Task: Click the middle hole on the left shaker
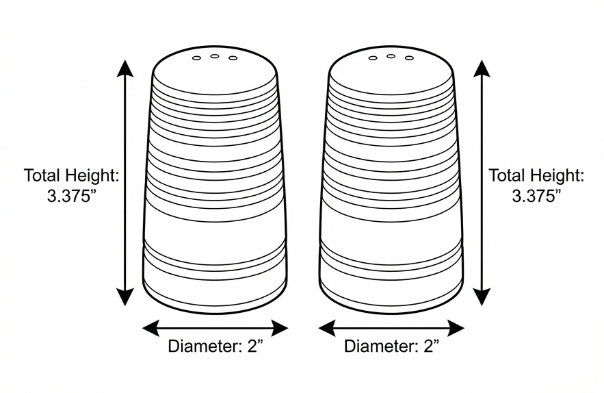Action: click(215, 56)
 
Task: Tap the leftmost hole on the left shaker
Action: click(196, 58)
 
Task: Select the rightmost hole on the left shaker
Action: click(233, 58)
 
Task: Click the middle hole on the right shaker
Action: click(391, 56)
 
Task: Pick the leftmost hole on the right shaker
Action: click(373, 58)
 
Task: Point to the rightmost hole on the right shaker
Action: click(409, 58)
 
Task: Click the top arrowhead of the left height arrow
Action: click(125, 68)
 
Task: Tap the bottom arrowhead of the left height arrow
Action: click(125, 297)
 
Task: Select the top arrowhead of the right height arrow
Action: click(482, 68)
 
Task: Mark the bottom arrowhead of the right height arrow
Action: click(482, 297)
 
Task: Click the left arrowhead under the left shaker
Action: click(151, 328)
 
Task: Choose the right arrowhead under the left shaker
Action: click(279, 328)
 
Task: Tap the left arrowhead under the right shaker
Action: click(328, 328)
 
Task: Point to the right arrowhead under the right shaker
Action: click(456, 328)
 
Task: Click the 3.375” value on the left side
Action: click(72, 196)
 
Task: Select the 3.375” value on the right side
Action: click(536, 196)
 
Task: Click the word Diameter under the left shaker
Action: click(205, 346)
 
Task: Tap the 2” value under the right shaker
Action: click(431, 346)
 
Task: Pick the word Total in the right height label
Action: click(508, 175)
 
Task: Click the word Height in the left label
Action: click(92, 175)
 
